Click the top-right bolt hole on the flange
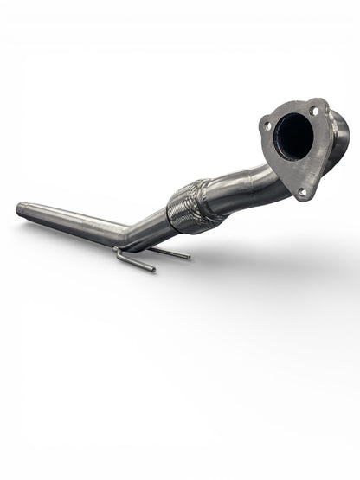click(x=313, y=111)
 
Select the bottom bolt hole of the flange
click(x=302, y=191)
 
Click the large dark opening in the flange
click(x=294, y=138)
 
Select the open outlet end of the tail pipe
click(x=20, y=208)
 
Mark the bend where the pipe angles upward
click(x=128, y=235)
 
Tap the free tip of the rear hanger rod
click(x=188, y=258)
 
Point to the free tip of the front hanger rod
click(x=153, y=270)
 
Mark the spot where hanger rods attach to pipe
click(x=119, y=250)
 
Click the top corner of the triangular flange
click(x=318, y=101)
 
